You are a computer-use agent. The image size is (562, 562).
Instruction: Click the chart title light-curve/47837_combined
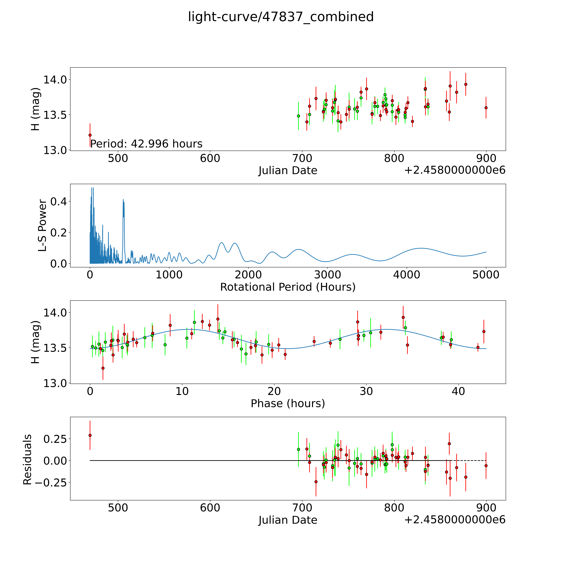[x=281, y=17]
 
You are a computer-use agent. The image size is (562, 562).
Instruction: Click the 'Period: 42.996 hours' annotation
[x=146, y=144]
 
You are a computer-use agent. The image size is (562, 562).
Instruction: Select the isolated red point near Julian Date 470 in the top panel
[x=90, y=135]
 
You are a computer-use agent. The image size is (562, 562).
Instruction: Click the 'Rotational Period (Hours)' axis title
[x=288, y=287]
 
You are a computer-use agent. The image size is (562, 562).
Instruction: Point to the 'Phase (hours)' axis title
[x=288, y=403]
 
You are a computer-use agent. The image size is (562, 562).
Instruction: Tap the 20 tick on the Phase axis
[x=274, y=391]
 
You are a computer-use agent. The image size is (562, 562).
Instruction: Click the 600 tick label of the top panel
[x=210, y=159]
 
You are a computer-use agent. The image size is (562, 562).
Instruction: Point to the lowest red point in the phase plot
[x=103, y=368]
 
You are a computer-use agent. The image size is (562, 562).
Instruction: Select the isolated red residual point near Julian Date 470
[x=90, y=435]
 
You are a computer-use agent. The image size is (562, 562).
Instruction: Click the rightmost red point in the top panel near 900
[x=486, y=108]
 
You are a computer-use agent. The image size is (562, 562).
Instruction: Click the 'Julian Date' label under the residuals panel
[x=288, y=520]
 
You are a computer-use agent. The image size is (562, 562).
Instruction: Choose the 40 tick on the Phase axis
[x=458, y=391]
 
